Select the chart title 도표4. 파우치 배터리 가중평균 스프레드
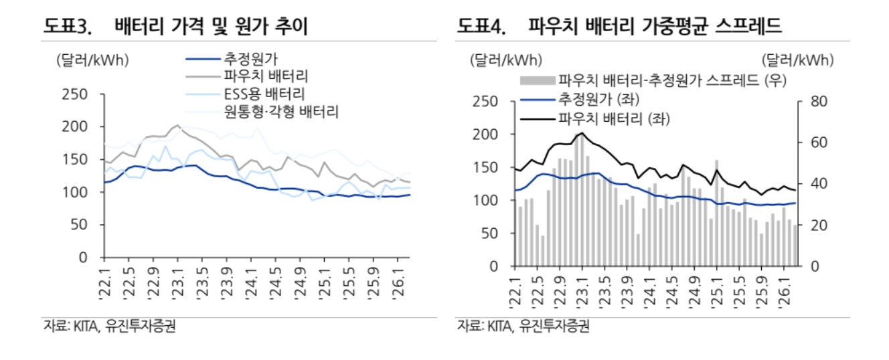click(x=620, y=27)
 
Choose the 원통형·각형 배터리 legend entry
click(x=281, y=110)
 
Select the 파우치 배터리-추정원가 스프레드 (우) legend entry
click(x=672, y=82)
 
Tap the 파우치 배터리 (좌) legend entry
click(x=613, y=119)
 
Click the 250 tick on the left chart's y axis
click(x=74, y=94)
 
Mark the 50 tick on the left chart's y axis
click(x=80, y=225)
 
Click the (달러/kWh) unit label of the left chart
click(x=92, y=60)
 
